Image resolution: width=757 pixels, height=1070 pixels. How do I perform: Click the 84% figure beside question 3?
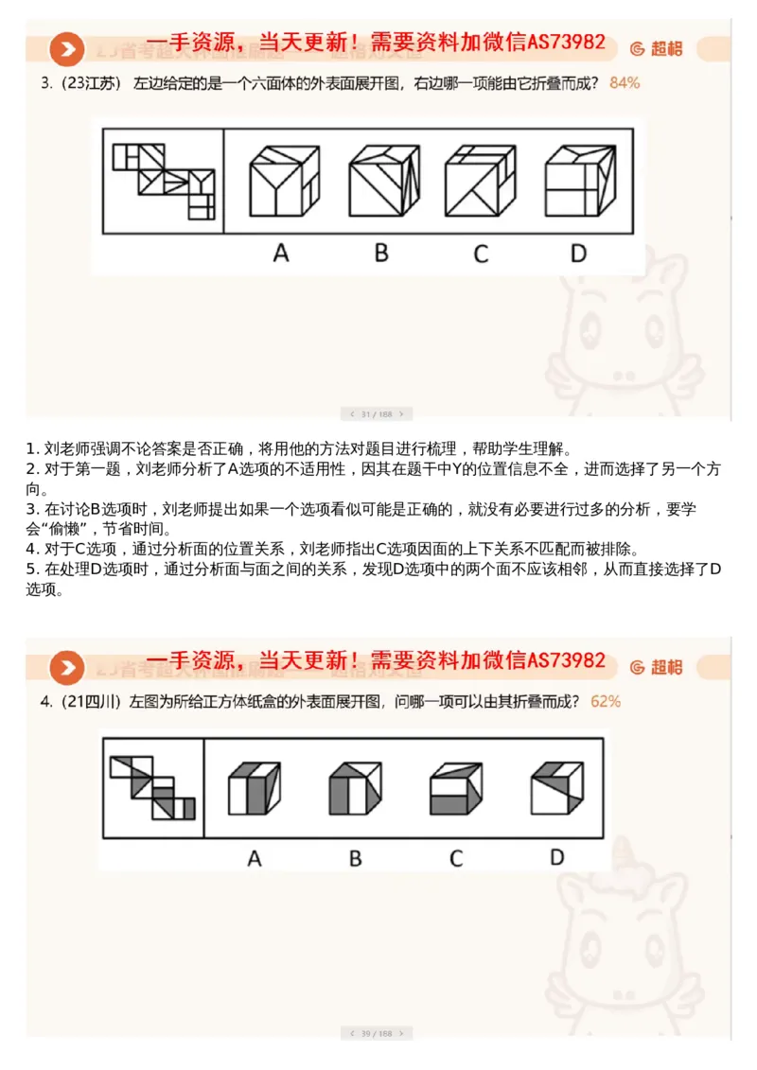(x=625, y=83)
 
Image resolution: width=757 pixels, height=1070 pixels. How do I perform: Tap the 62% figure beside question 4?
(x=605, y=701)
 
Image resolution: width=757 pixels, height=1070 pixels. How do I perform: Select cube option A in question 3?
(x=281, y=180)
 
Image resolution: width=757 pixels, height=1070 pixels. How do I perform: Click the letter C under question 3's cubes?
(x=481, y=254)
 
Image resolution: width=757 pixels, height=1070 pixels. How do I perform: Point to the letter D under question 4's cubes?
(x=556, y=857)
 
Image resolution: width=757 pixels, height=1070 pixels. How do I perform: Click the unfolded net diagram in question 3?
(x=164, y=180)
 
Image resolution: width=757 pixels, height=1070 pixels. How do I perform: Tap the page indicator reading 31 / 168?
(x=376, y=413)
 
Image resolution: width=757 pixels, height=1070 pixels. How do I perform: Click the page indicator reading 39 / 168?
(x=376, y=1033)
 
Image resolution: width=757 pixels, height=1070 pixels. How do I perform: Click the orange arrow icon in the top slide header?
(x=67, y=49)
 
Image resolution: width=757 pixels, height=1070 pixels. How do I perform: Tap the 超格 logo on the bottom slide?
(x=656, y=667)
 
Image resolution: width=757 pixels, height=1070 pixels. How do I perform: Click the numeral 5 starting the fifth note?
(x=30, y=569)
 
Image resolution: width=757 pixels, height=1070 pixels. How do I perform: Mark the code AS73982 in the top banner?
(x=566, y=44)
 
